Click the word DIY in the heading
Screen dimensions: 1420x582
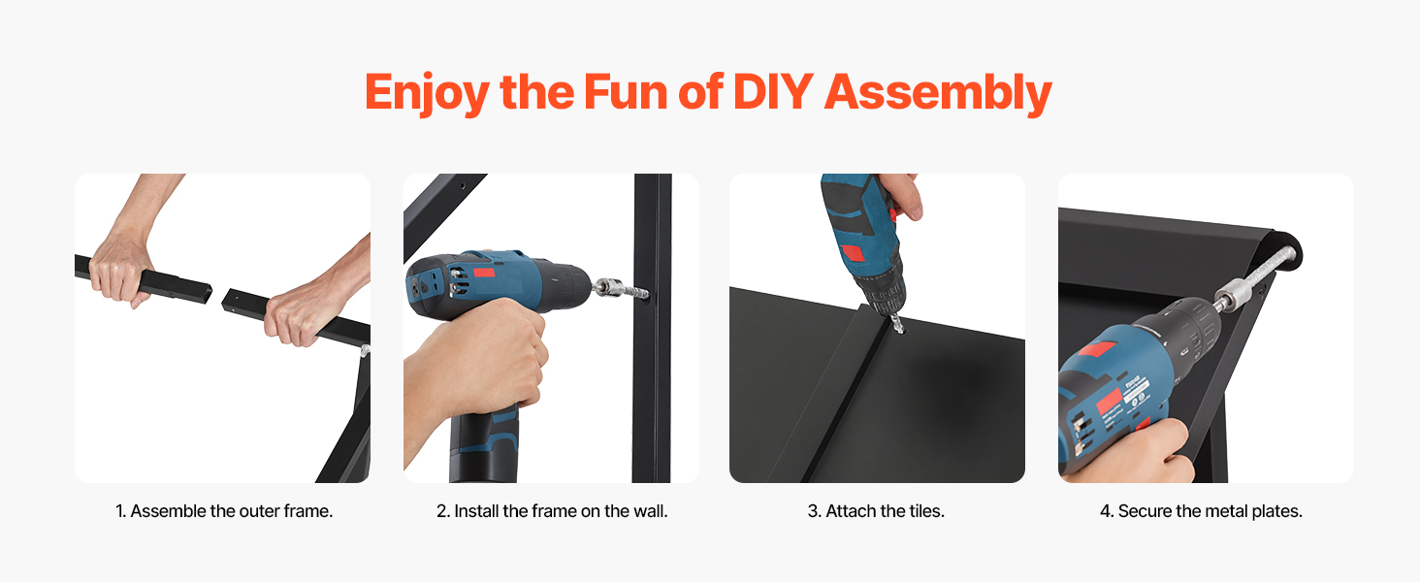pos(773,92)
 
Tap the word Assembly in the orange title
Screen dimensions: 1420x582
pos(938,94)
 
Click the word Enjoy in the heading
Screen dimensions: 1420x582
pos(427,94)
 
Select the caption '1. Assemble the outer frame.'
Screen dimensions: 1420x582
pos(224,511)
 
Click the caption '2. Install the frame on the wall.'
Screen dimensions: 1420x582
pos(552,511)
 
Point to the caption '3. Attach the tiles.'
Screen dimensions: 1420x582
pos(876,511)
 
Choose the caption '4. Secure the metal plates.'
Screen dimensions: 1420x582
pos(1202,511)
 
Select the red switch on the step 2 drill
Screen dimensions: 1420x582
pos(484,274)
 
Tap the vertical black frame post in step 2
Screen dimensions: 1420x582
pos(652,328)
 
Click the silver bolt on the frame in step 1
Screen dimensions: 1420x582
pos(365,350)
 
